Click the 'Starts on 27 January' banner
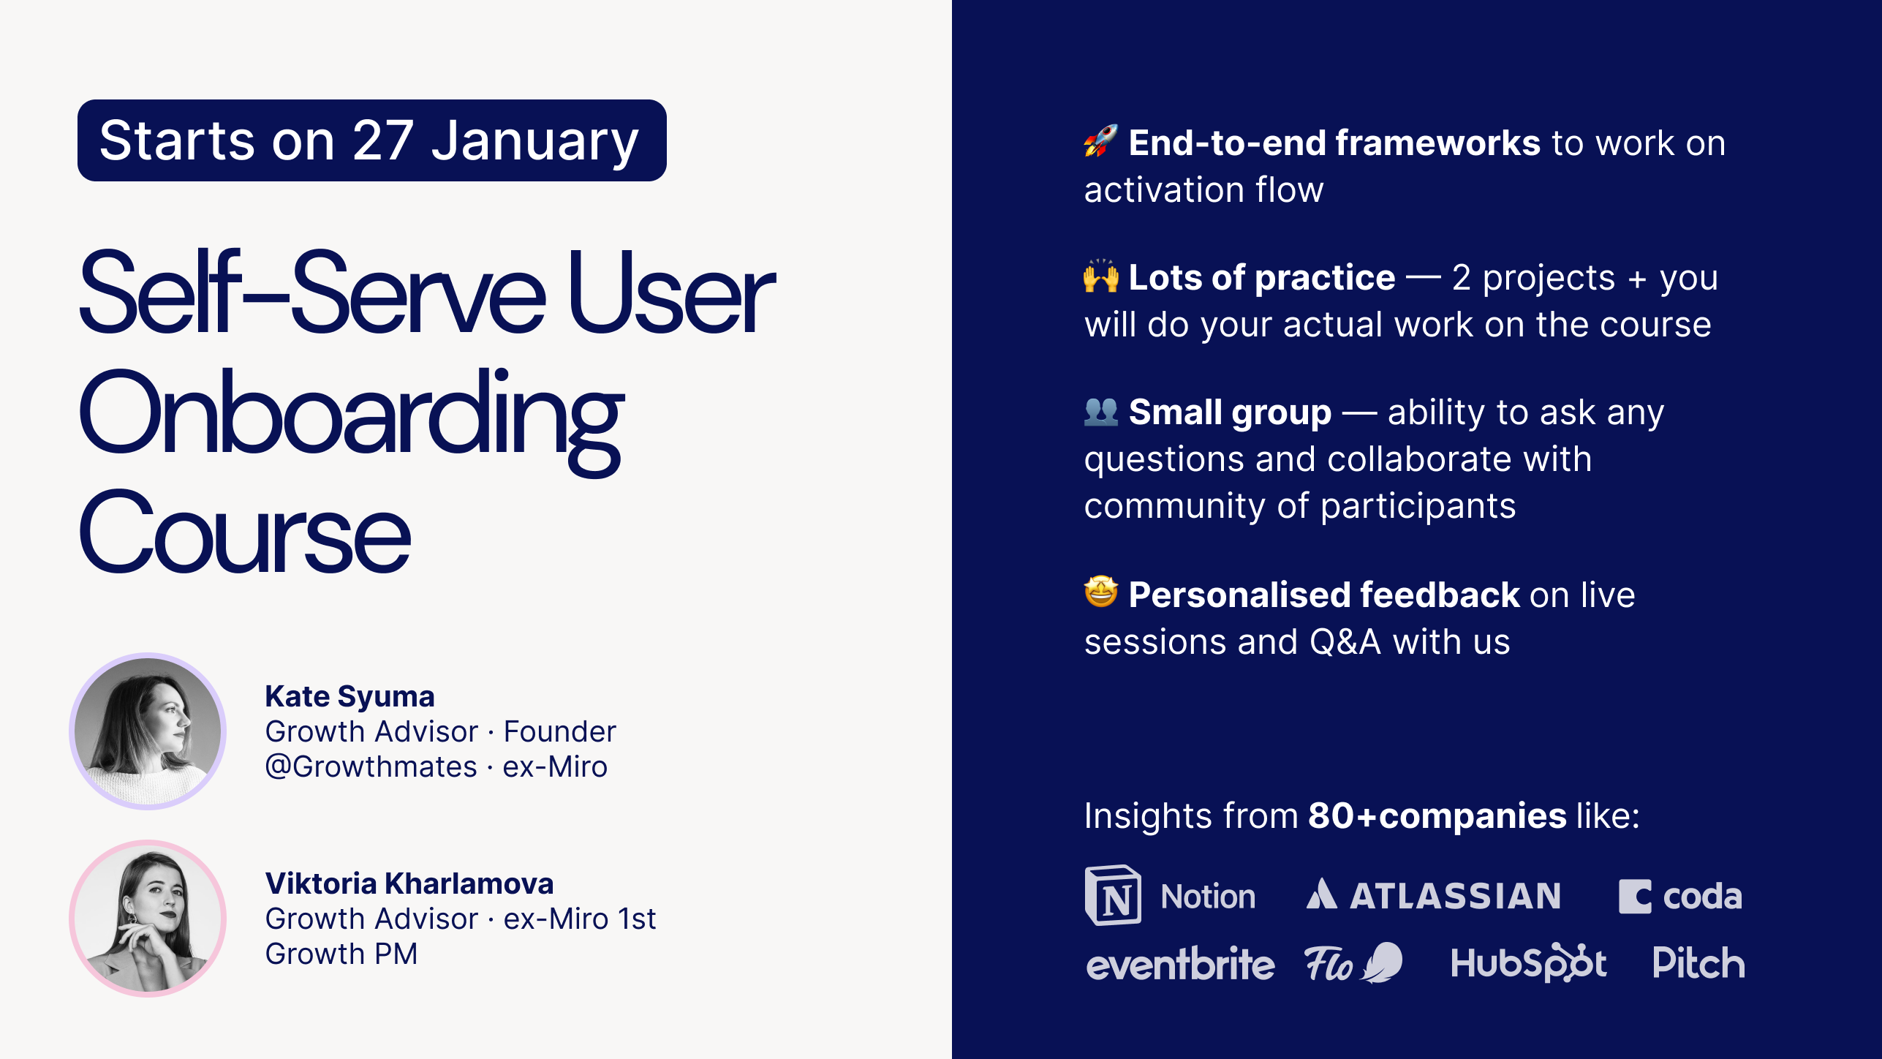(371, 140)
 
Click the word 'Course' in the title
(245, 532)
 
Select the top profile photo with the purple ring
(148, 731)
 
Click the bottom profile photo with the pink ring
(148, 919)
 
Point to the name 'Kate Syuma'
(349, 696)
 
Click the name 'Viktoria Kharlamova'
(409, 883)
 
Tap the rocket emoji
(1101, 140)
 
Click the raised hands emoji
(1101, 276)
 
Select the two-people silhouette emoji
(1101, 411)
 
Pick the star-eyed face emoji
(1101, 592)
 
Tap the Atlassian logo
(1433, 895)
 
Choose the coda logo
(1680, 897)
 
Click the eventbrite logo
(1180, 963)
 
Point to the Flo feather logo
(1354, 962)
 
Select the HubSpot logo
(1529, 962)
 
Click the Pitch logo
(1698, 962)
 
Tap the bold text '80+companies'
(1437, 815)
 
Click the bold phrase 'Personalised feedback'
(1324, 595)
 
